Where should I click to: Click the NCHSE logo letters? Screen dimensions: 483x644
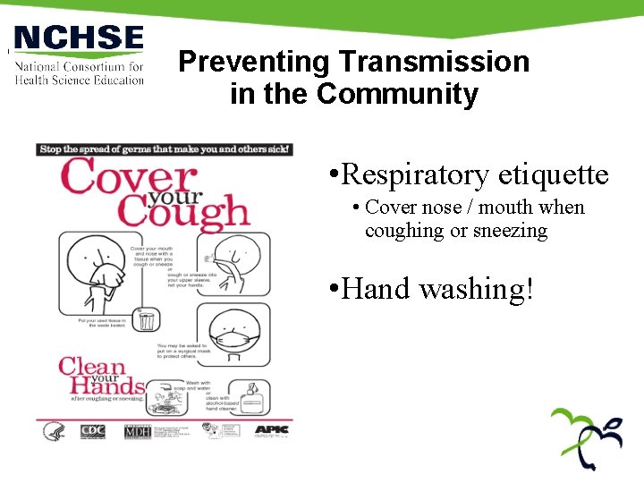pyautogui.click(x=79, y=38)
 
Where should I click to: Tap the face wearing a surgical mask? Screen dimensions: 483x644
pyautogui.click(x=232, y=338)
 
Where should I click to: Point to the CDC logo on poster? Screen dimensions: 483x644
pyautogui.click(x=92, y=431)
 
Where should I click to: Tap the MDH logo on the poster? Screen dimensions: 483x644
pyautogui.click(x=138, y=430)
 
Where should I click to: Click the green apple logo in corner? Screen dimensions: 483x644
pyautogui.click(x=586, y=438)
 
